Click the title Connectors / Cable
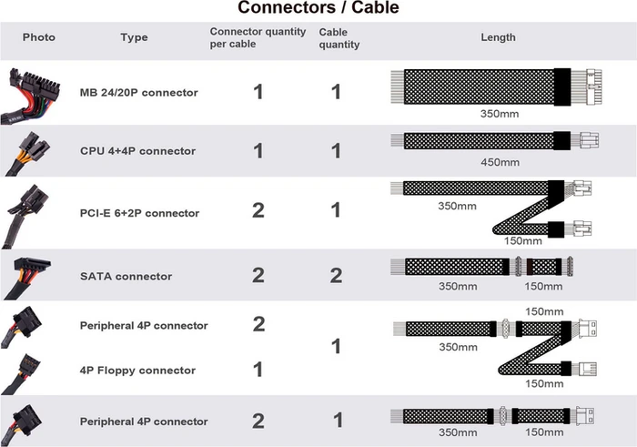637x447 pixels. point(318,7)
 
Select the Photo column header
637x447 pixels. point(38,37)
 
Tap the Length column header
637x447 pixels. point(498,37)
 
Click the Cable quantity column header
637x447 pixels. point(339,38)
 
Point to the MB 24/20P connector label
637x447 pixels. point(139,93)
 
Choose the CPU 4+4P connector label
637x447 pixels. point(137,151)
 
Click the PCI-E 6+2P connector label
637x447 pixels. point(139,213)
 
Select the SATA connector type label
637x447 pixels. point(126,277)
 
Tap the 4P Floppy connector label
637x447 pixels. point(137,371)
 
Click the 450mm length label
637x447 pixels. point(500,163)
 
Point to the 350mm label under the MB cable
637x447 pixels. point(500,114)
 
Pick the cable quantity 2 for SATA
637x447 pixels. point(336,276)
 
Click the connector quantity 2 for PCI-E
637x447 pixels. point(258,210)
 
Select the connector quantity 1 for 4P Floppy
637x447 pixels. point(258,370)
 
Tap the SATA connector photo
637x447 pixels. point(26,277)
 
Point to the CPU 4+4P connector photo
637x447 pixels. point(27,153)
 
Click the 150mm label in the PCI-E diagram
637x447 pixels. point(523,241)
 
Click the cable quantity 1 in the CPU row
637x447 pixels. point(336,151)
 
